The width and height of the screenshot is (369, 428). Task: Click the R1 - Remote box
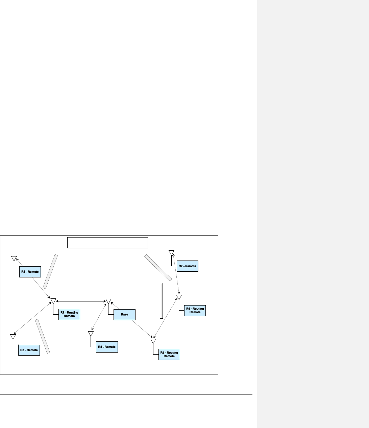(x=30, y=272)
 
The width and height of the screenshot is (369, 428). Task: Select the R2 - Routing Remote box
(x=69, y=314)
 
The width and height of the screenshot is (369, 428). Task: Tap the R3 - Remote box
(x=29, y=350)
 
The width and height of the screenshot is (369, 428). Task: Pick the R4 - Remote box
(x=107, y=347)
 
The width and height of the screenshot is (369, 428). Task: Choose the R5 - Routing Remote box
(x=169, y=354)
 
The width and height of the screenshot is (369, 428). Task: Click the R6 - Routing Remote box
(x=195, y=311)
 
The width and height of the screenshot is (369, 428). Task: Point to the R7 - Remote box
(x=187, y=266)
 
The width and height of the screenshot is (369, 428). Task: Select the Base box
(x=124, y=315)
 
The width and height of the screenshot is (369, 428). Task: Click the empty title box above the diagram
(x=107, y=243)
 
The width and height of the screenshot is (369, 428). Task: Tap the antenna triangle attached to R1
(x=14, y=258)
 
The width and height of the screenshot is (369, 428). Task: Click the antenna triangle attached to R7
(x=171, y=252)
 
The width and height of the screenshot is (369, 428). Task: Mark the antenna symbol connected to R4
(x=91, y=334)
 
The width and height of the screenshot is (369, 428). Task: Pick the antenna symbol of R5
(x=153, y=341)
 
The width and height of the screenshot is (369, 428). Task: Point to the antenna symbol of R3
(x=13, y=337)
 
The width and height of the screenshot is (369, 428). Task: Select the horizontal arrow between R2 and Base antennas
(x=81, y=301)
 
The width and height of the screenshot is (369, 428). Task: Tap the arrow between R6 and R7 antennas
(x=176, y=274)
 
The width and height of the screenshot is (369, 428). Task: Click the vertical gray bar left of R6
(x=161, y=300)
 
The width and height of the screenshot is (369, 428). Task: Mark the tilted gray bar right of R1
(x=50, y=271)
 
